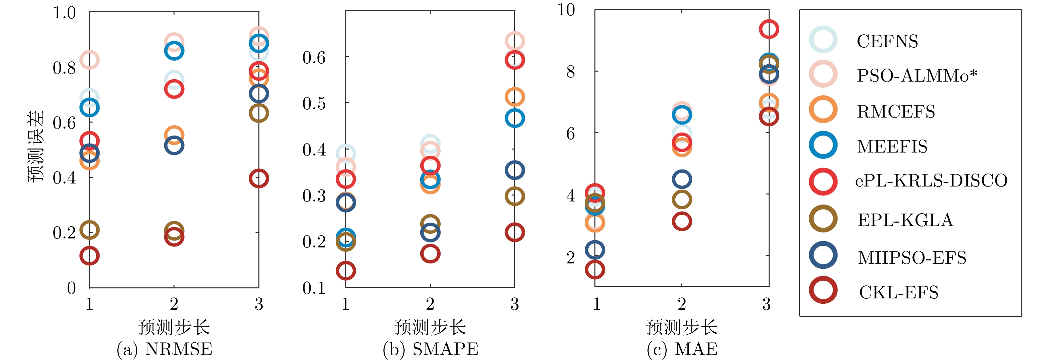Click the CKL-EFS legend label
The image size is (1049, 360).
click(x=898, y=292)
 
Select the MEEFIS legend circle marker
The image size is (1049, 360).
click(x=823, y=146)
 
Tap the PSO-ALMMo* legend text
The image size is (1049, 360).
click(x=916, y=76)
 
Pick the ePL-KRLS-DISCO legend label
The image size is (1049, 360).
click(x=931, y=180)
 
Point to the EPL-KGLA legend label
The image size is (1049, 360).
click(x=905, y=220)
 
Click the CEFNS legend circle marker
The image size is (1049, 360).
click(x=823, y=40)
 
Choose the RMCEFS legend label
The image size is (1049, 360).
click(x=896, y=111)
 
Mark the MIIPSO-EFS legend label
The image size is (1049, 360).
click(x=912, y=257)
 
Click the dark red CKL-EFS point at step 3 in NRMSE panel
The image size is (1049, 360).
click(x=258, y=179)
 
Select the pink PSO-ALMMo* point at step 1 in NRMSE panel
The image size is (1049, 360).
click(x=90, y=60)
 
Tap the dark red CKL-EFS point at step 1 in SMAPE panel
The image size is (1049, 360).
click(x=346, y=270)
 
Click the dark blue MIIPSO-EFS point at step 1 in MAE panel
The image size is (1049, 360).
click(x=595, y=250)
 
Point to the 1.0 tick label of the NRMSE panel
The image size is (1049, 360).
click(x=64, y=13)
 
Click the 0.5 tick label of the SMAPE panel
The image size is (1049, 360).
click(x=314, y=104)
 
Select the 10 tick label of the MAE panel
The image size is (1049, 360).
click(x=566, y=9)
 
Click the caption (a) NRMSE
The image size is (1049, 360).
click(x=165, y=349)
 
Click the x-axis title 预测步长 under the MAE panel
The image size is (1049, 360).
click(x=682, y=327)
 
